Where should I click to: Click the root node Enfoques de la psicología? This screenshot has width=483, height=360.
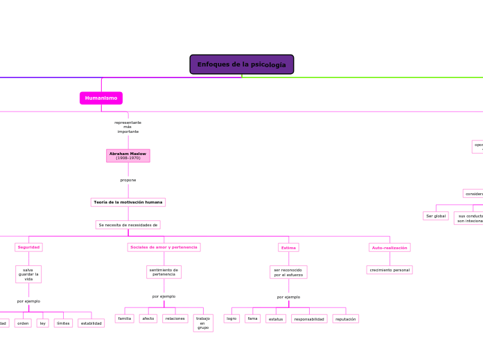[x=242, y=64]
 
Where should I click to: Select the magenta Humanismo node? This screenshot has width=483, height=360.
[x=101, y=98]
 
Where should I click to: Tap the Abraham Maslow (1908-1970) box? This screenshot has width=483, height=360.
[x=128, y=156]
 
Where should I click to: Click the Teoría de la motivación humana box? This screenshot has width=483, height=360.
[x=128, y=202]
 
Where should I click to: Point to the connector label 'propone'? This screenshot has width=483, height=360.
[x=128, y=180]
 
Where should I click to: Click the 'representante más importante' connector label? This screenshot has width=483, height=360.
[x=128, y=127]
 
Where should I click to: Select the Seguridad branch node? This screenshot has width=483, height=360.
[x=28, y=247]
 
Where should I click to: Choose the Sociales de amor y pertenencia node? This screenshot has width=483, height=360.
[x=164, y=247]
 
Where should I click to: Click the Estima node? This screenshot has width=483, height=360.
[x=288, y=248]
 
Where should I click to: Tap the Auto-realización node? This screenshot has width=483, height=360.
[x=389, y=247]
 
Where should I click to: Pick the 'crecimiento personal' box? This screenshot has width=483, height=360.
[x=389, y=270]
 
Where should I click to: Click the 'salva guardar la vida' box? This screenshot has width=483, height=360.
[x=28, y=274]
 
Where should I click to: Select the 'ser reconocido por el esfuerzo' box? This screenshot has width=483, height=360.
[x=288, y=272]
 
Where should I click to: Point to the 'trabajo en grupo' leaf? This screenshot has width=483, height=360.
[x=203, y=323]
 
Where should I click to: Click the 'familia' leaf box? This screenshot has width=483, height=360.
[x=125, y=318]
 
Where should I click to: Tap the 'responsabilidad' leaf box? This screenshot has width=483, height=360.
[x=309, y=319]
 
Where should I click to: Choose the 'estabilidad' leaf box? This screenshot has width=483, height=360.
[x=91, y=323]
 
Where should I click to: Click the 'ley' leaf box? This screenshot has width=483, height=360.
[x=43, y=323]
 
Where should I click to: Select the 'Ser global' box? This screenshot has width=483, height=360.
[x=436, y=216]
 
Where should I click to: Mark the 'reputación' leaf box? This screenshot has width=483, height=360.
[x=346, y=319]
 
